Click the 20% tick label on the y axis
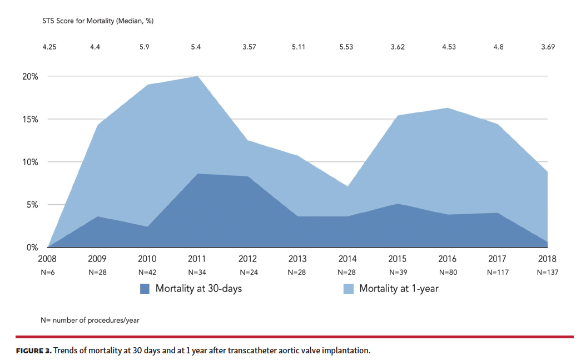30,76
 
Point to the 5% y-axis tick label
32,205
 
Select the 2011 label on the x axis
197,259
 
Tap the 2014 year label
347,259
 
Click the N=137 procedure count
548,272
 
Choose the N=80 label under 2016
448,272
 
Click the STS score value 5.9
145,47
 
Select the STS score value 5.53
346,47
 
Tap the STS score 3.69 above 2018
548,47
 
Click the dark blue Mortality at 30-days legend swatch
145,288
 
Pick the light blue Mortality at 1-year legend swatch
348,288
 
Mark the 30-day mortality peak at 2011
198,174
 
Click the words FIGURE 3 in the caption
33,351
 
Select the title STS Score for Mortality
98,21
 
